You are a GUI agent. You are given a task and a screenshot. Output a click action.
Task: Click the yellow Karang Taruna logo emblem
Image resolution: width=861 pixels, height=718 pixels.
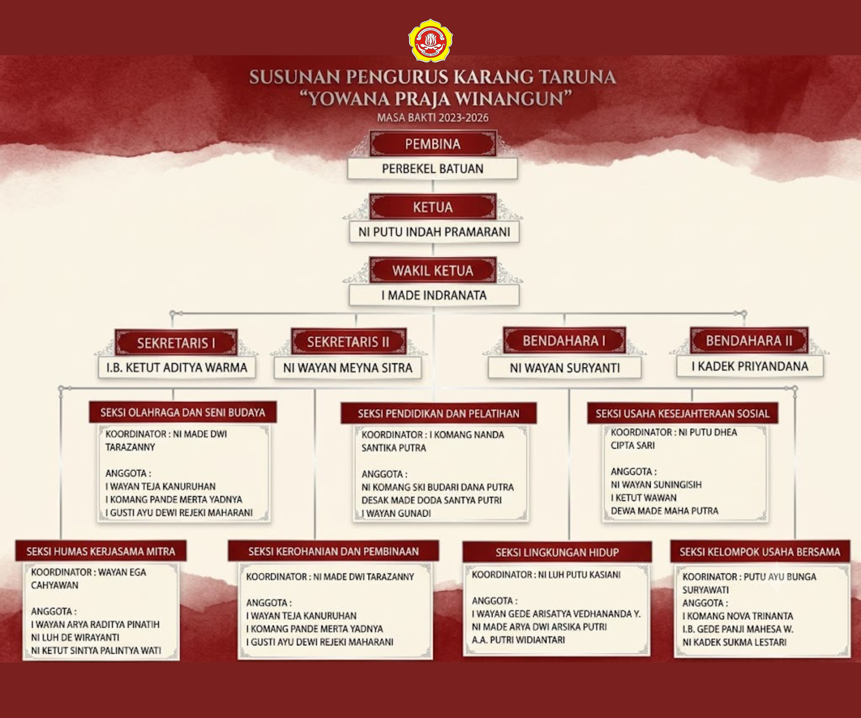(x=430, y=40)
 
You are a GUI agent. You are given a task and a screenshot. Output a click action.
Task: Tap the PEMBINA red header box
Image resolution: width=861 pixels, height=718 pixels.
(x=433, y=144)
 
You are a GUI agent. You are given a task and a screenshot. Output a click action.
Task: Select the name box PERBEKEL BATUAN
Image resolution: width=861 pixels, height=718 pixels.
(x=433, y=169)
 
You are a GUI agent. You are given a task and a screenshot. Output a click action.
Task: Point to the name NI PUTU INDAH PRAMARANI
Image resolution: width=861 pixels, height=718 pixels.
(x=434, y=232)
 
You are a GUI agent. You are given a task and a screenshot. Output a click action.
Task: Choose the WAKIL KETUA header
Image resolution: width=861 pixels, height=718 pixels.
(x=433, y=270)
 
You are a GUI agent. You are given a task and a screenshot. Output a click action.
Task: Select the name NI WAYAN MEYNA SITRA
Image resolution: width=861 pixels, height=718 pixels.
(x=348, y=368)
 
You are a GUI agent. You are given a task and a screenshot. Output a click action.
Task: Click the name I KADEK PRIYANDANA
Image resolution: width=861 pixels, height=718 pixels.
(x=750, y=366)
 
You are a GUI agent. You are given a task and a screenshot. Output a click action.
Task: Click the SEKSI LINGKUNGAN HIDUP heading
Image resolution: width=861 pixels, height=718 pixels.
(x=557, y=552)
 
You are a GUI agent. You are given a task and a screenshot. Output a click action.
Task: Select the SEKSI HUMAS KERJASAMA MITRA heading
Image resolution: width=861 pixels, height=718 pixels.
(x=101, y=551)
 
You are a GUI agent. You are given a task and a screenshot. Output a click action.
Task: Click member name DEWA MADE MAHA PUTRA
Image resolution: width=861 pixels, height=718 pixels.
(x=665, y=511)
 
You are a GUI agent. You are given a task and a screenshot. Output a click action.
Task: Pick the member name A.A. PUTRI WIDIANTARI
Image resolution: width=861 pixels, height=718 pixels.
(x=518, y=640)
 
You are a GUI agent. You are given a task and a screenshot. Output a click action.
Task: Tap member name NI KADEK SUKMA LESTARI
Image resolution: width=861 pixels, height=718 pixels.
(x=734, y=642)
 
